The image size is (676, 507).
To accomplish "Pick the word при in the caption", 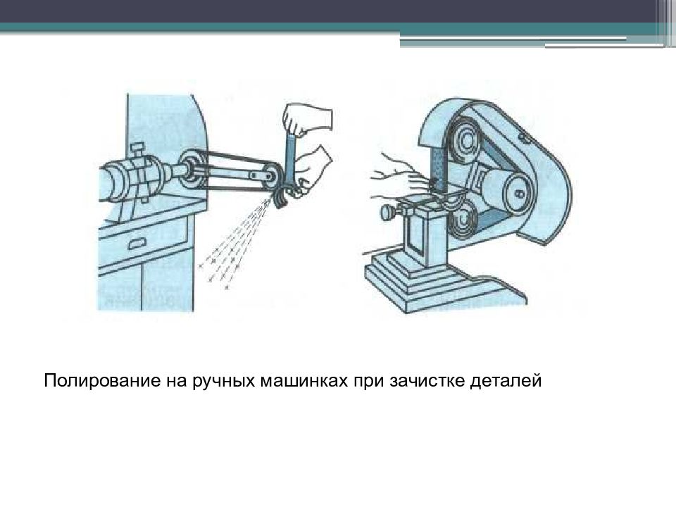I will (368, 382).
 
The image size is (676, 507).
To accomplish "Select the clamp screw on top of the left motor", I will (138, 150).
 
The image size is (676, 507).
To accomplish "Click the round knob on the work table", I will (387, 211).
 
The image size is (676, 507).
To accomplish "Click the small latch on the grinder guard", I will (522, 134).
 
